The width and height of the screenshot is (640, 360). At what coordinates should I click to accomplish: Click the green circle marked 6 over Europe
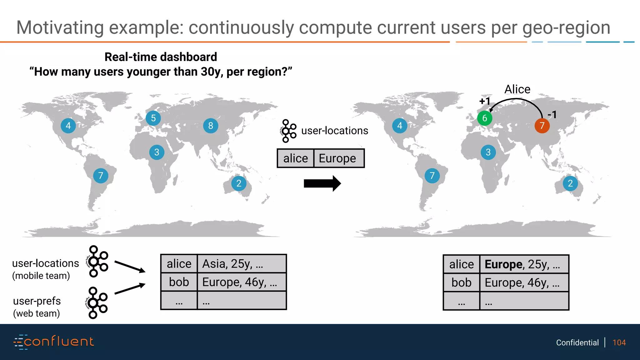484,118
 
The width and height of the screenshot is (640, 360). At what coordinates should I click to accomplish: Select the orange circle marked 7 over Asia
542,126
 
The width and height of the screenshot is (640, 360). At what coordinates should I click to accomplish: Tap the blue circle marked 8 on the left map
211,126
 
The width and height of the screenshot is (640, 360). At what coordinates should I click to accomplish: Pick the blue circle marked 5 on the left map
153,118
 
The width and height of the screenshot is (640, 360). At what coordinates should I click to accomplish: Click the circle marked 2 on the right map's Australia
570,183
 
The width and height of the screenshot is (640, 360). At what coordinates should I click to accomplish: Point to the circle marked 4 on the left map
68,126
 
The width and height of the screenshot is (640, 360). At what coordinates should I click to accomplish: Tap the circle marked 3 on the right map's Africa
488,152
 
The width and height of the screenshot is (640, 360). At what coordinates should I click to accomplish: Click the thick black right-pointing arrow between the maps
322,183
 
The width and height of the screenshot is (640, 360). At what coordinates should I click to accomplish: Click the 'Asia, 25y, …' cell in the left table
242,264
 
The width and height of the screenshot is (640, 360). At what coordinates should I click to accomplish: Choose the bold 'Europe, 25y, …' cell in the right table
524,264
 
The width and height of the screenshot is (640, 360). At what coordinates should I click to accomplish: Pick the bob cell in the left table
179,282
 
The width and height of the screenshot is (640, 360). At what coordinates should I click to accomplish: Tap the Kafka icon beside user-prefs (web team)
97,302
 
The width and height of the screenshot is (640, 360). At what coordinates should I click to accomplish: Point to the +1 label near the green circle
485,101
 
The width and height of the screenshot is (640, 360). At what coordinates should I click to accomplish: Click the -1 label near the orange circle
552,115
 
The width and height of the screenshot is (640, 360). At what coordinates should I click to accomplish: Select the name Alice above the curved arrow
517,89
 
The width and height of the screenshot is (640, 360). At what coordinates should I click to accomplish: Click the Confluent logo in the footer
54,342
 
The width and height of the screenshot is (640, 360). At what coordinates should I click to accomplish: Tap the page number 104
619,342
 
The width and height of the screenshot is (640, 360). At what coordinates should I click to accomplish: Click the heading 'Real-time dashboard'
161,57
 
